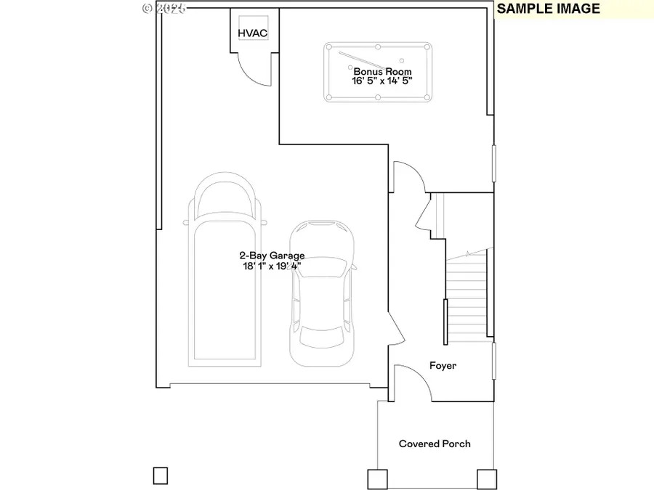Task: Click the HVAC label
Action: tap(253, 33)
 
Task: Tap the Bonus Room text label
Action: tap(382, 72)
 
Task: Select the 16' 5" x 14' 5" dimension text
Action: tap(382, 82)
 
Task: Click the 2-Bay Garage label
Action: tap(272, 256)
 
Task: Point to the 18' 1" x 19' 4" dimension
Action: tap(272, 266)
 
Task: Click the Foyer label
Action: tap(443, 366)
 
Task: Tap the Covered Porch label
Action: tap(435, 444)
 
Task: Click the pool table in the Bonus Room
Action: tap(379, 73)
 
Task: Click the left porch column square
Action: tap(378, 478)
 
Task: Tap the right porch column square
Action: tap(486, 478)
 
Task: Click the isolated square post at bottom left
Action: tap(161, 476)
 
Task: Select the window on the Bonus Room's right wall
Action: tap(493, 163)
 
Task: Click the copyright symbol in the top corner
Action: tap(148, 8)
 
